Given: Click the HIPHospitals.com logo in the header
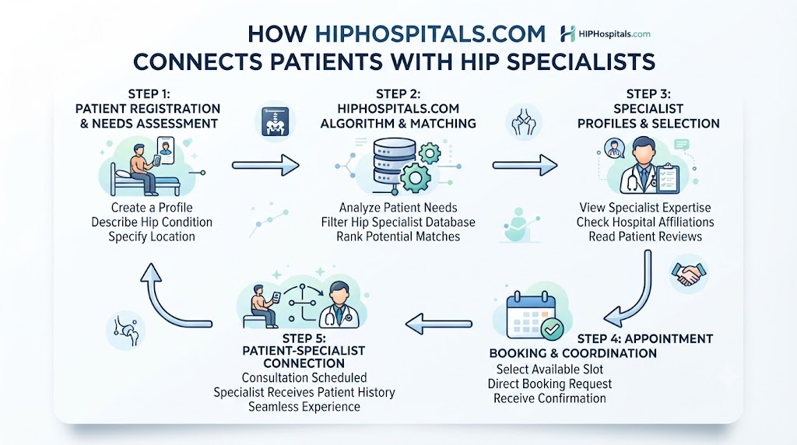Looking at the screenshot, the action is (x=605, y=34).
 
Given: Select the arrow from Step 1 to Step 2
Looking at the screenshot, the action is (x=265, y=165).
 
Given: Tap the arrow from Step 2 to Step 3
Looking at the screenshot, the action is (x=525, y=165).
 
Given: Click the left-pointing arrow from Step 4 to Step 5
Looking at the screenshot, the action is (x=439, y=324).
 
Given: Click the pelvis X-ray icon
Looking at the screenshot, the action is (x=275, y=121).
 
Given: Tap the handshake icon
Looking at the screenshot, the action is (x=688, y=275).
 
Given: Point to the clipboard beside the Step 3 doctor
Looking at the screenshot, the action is (x=667, y=178).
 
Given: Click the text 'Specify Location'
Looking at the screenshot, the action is (x=152, y=237).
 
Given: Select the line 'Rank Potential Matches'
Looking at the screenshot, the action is (x=398, y=237).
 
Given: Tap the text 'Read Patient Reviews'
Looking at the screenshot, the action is (x=645, y=237).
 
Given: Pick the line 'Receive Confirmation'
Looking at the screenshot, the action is (x=549, y=398).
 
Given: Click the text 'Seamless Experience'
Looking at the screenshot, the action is (x=304, y=407).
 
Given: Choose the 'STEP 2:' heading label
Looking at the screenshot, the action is (x=398, y=94).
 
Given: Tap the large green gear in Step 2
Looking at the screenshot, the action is (x=416, y=177).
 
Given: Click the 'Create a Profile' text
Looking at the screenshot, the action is (x=152, y=208).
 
